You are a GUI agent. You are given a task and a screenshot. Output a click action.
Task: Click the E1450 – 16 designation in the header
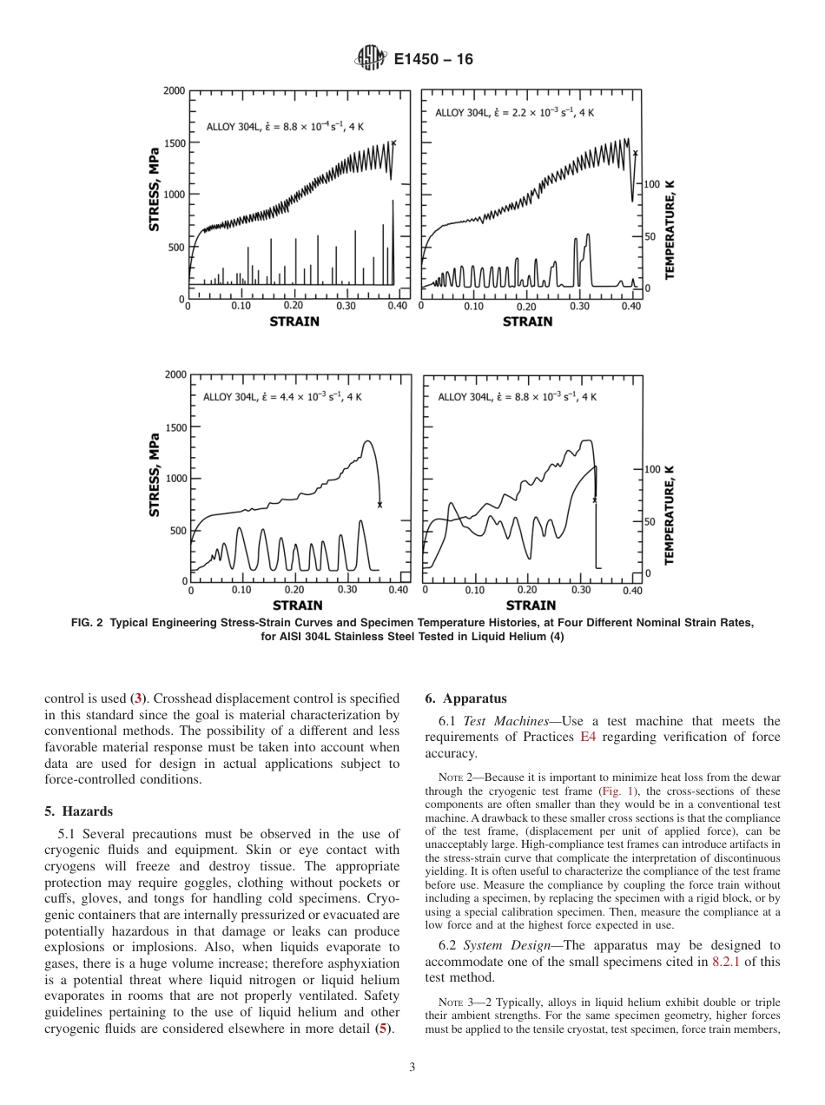[433, 60]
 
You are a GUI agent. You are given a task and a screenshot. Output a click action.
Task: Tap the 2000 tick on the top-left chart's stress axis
[174, 90]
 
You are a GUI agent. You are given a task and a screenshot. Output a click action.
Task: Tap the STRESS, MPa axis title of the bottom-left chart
[155, 474]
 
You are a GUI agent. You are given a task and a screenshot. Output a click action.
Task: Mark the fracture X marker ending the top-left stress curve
[393, 143]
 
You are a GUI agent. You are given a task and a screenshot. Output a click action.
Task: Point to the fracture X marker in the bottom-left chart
[379, 505]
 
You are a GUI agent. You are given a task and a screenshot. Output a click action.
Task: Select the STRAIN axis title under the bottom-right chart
[531, 605]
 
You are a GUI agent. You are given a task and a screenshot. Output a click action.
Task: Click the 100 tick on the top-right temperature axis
[652, 184]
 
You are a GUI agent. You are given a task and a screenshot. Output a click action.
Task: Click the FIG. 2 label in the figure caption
[87, 623]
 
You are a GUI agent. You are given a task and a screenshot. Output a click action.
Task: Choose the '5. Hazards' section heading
[78, 811]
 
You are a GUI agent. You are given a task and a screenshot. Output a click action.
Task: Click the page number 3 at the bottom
[412, 1068]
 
